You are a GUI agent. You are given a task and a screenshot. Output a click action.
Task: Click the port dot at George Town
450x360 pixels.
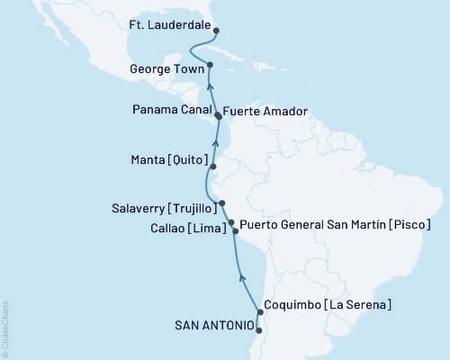(210, 65)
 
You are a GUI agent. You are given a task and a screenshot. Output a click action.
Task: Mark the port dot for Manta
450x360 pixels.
(212, 167)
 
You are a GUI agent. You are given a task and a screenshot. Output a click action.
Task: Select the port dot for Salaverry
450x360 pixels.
(221, 203)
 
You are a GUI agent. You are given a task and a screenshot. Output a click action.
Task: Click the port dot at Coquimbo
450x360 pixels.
(259, 313)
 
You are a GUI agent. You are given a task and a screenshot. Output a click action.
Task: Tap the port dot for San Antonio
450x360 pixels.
(258, 330)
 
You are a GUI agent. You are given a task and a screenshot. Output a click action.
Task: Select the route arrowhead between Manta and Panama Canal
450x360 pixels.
(214, 139)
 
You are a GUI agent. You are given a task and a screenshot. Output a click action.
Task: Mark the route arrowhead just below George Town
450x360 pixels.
(209, 86)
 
